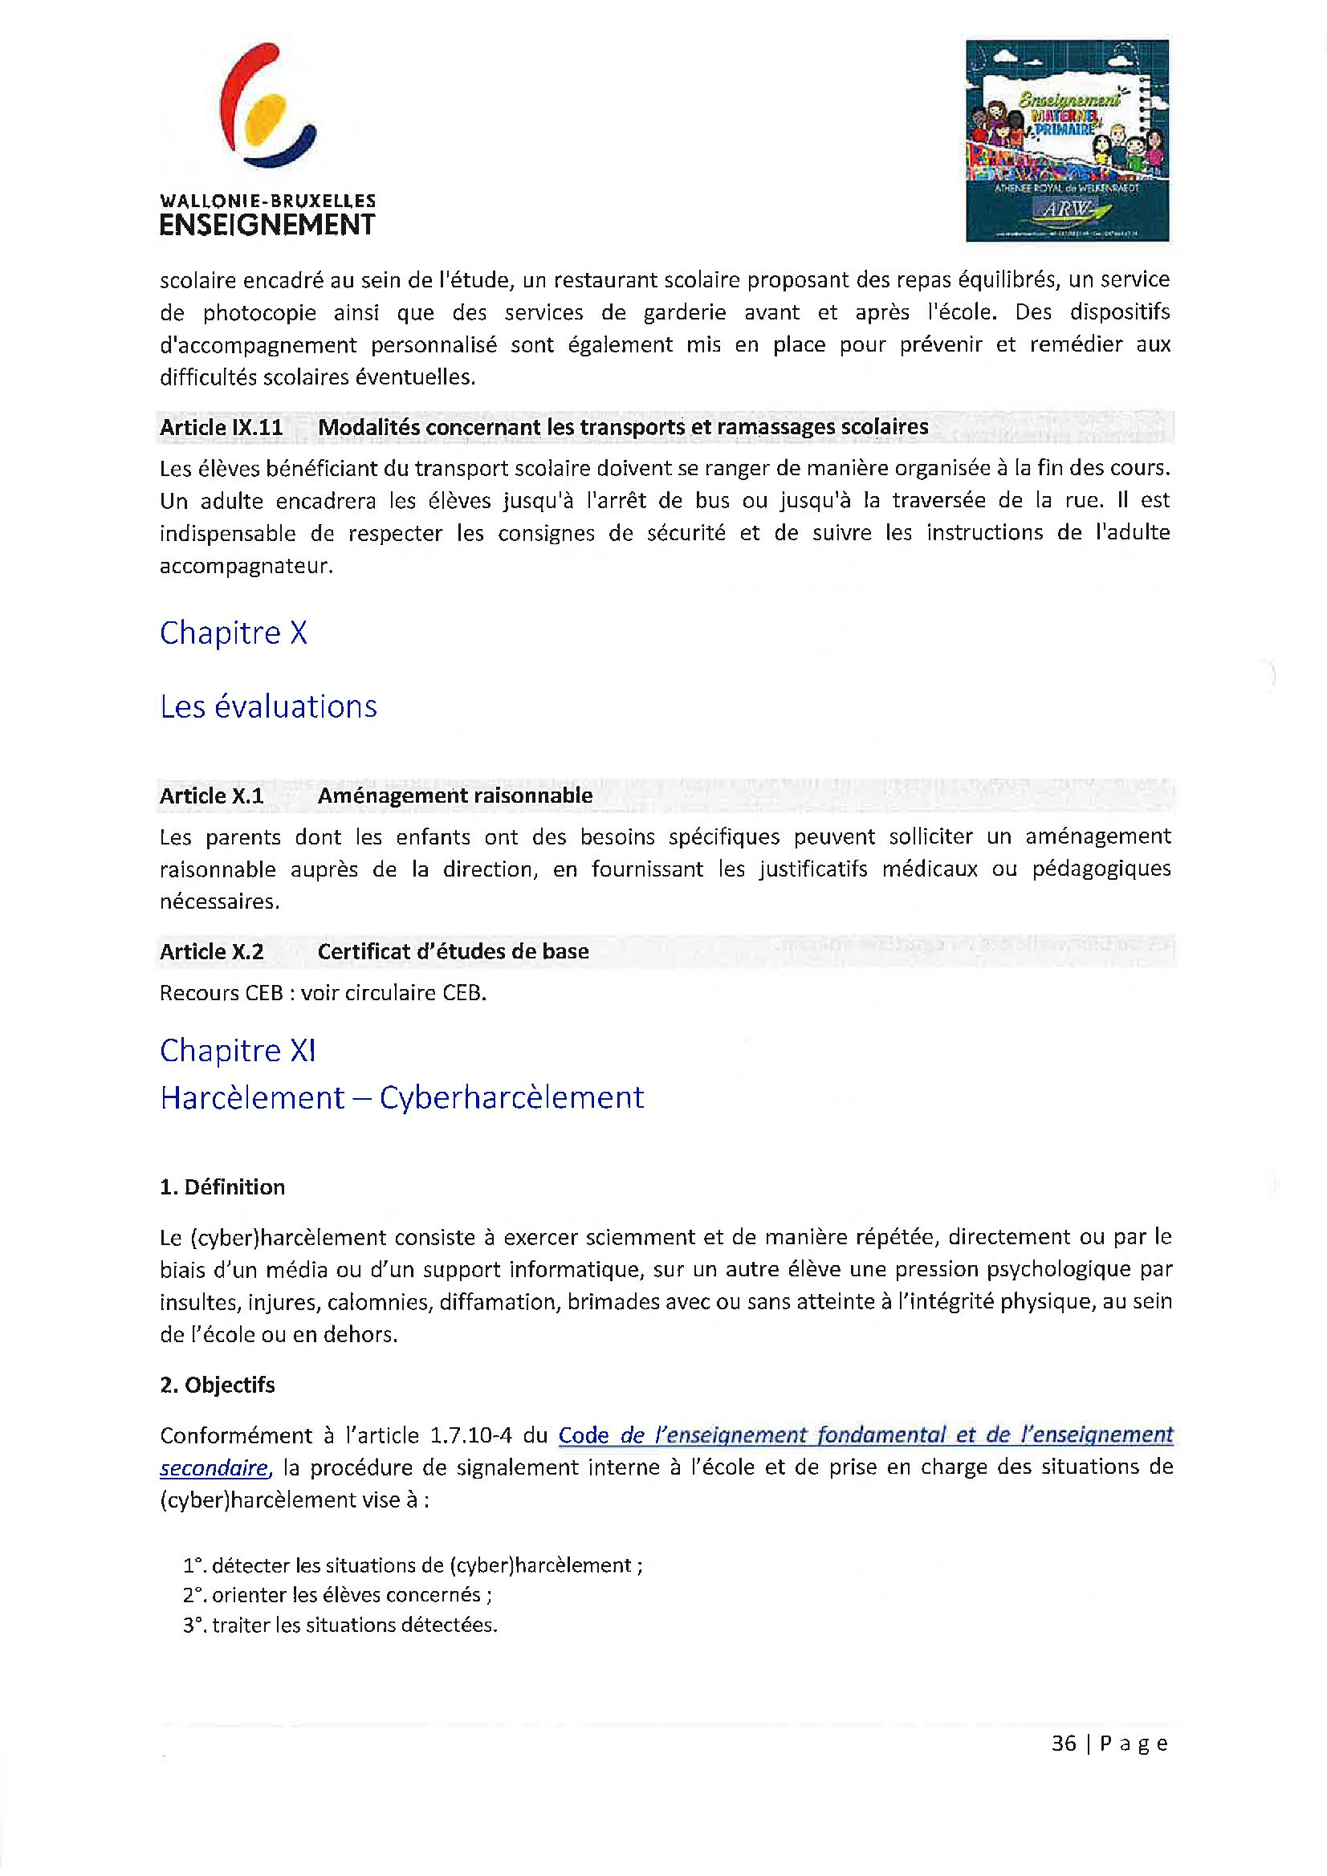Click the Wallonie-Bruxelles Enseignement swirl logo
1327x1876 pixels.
pyautogui.click(x=267, y=106)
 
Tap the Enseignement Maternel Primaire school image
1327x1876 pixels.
pyautogui.click(x=1066, y=140)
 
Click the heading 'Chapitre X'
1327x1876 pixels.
pyautogui.click(x=233, y=633)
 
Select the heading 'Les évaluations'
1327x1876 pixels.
pyautogui.click(x=268, y=706)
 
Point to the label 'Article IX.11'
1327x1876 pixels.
pyautogui.click(x=222, y=427)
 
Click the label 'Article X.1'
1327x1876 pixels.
pyautogui.click(x=212, y=796)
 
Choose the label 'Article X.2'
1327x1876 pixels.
pyautogui.click(x=212, y=952)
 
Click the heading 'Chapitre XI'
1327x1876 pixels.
pyautogui.click(x=237, y=1051)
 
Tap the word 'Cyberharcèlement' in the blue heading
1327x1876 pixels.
pyautogui.click(x=511, y=1097)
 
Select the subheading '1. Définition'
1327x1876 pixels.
pyautogui.click(x=222, y=1187)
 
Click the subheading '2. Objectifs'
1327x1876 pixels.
pyautogui.click(x=218, y=1385)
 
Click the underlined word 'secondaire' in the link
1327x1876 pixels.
pyautogui.click(x=214, y=1468)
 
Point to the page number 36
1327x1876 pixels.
pyautogui.click(x=1063, y=1744)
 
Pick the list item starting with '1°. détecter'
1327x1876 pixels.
pyautogui.click(x=413, y=1565)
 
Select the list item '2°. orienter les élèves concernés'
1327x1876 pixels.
pyautogui.click(x=336, y=1595)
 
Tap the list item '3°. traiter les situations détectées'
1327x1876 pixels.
pyautogui.click(x=340, y=1626)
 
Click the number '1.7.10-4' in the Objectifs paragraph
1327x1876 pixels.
pyautogui.click(x=470, y=1435)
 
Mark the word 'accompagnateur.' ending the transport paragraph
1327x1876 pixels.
pyautogui.click(x=246, y=566)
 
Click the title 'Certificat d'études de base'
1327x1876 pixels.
pyautogui.click(x=453, y=952)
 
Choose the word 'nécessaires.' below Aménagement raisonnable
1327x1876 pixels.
pyautogui.click(x=220, y=902)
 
